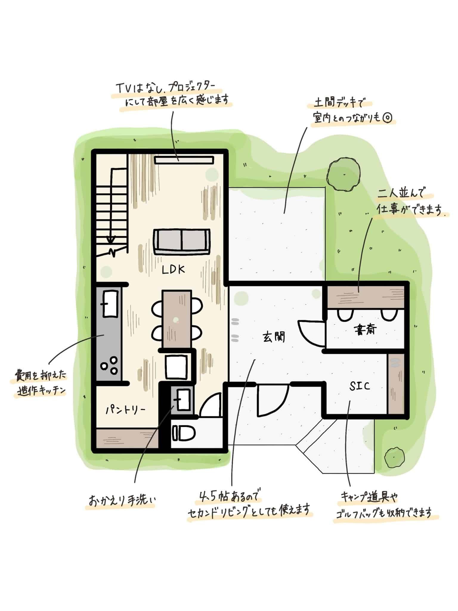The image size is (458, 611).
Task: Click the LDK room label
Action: pos(174,270)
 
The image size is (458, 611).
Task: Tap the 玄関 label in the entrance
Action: pos(274,337)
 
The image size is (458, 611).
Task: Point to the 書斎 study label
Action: pos(365,330)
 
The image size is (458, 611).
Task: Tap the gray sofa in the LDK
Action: pos(182,242)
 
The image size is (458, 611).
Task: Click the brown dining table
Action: pos(177,319)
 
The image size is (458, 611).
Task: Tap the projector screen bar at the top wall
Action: pos(184,160)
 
